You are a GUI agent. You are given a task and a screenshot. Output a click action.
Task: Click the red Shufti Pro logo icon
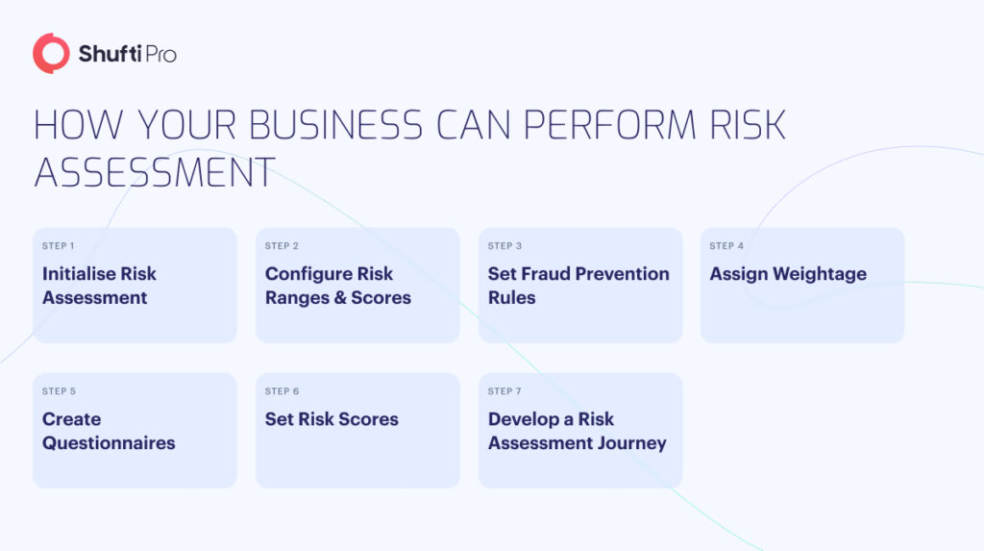51,54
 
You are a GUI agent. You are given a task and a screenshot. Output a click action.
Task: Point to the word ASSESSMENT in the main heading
155,173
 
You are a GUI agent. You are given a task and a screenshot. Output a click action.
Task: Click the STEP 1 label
59,246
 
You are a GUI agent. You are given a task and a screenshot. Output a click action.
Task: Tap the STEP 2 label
282,246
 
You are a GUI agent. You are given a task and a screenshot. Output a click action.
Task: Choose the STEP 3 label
504,246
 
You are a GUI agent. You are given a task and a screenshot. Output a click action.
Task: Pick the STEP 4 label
726,246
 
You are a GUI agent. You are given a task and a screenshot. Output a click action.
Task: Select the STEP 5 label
59,391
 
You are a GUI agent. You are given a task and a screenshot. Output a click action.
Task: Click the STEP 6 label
282,391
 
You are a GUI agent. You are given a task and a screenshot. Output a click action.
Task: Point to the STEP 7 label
504,391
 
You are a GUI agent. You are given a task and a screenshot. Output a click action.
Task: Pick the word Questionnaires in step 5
109,443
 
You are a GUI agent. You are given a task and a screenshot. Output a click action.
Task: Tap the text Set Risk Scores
332,419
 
